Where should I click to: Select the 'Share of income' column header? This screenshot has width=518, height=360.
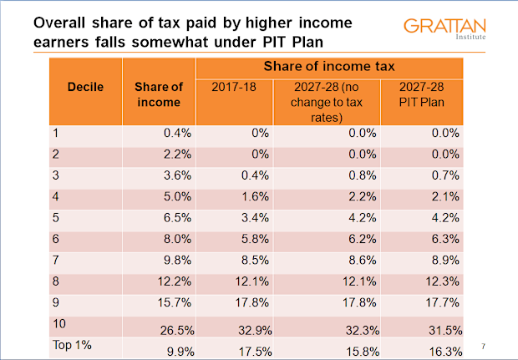pos(159,94)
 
